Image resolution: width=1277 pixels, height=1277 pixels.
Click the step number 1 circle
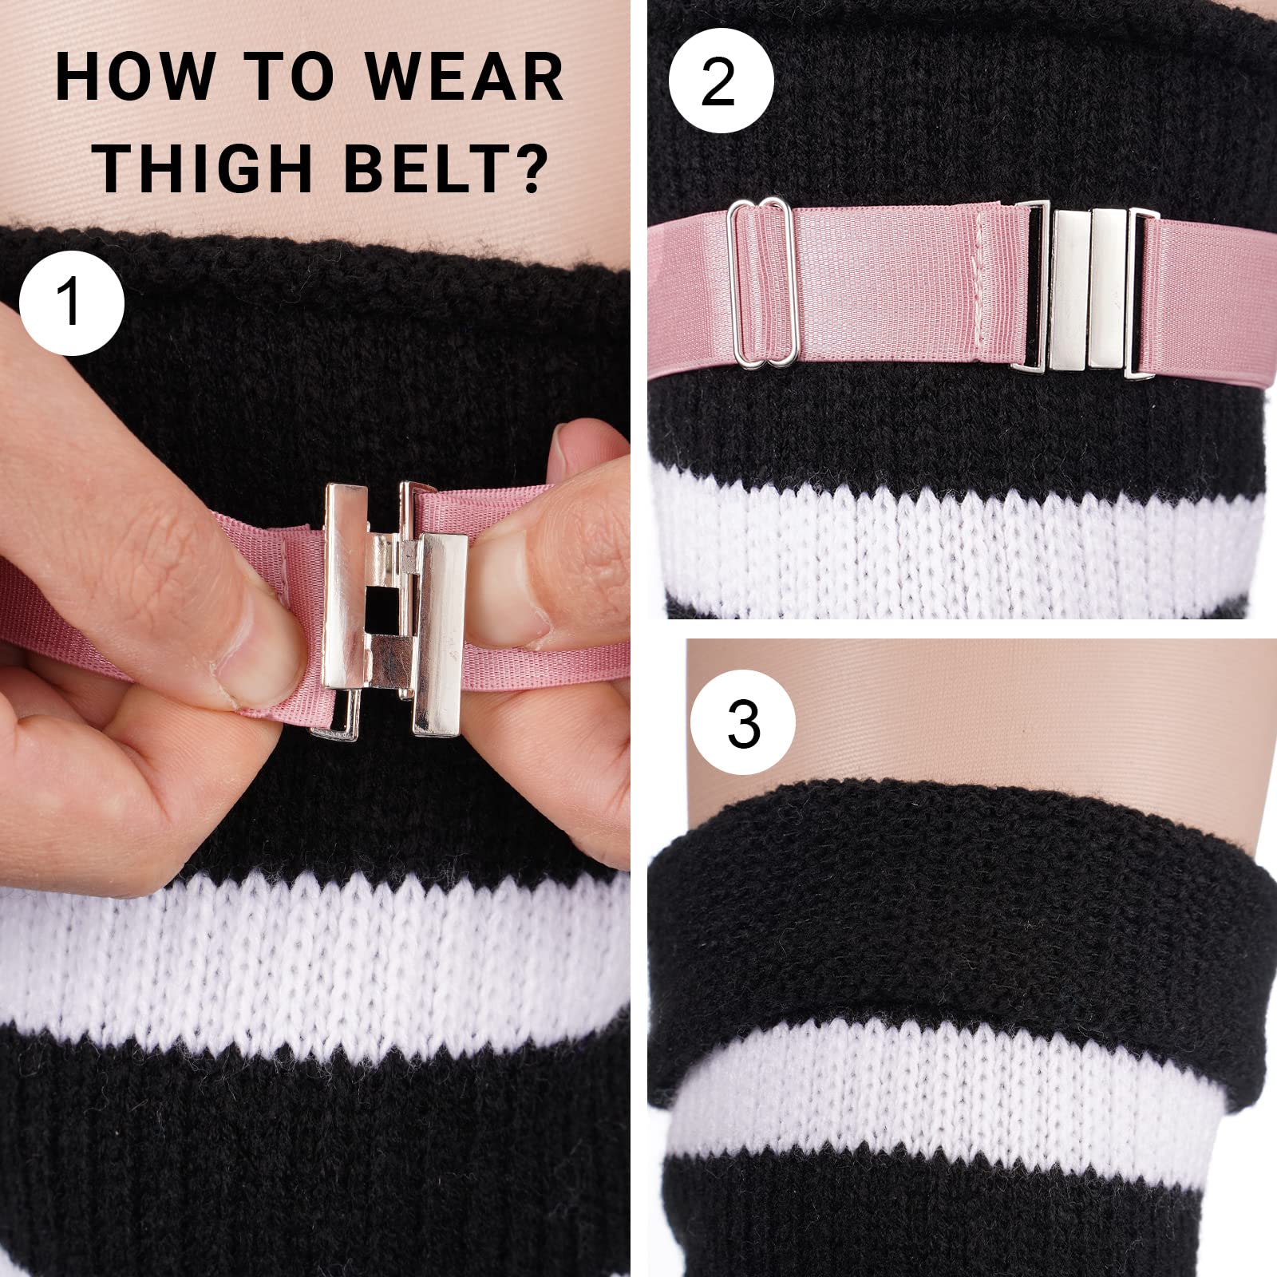(72, 302)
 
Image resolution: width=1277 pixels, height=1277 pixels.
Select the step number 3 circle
(743, 725)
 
